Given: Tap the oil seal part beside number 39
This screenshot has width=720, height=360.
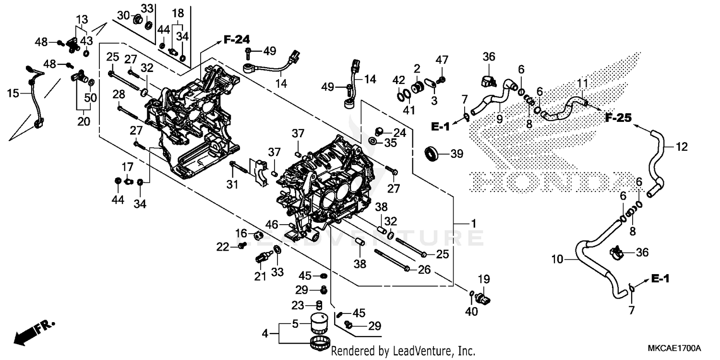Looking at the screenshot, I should pyautogui.click(x=433, y=154).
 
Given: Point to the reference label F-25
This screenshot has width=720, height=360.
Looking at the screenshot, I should pyautogui.click(x=618, y=117).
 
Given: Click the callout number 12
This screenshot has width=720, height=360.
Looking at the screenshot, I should pyautogui.click(x=682, y=146).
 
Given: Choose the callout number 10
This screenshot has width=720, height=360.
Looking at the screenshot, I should pyautogui.click(x=557, y=260).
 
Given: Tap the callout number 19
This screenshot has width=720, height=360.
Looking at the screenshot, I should pyautogui.click(x=483, y=279).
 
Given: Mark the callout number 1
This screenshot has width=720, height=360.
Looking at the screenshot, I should pyautogui.click(x=473, y=224).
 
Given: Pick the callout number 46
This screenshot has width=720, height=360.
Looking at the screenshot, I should pyautogui.click(x=273, y=224).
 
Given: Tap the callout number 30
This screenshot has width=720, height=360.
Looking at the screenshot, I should pyautogui.click(x=123, y=15).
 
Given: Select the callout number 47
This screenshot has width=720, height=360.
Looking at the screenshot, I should pyautogui.click(x=442, y=60).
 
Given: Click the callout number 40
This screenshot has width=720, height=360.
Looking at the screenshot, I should pyautogui.click(x=471, y=311).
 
